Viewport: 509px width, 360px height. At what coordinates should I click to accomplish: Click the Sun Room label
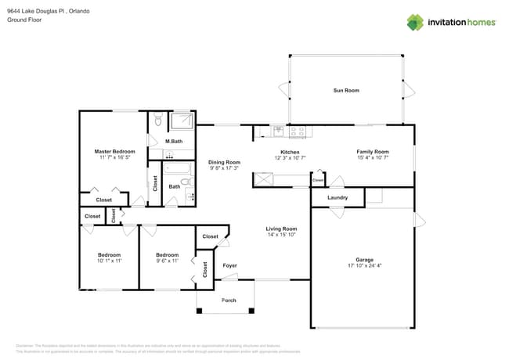coord(346,91)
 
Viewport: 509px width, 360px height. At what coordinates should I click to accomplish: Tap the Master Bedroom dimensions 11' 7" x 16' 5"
coord(114,158)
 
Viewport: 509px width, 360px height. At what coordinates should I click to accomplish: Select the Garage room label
coord(364,260)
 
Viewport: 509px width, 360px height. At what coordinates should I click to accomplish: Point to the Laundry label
coord(338,198)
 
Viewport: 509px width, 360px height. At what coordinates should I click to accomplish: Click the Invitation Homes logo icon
coord(415,22)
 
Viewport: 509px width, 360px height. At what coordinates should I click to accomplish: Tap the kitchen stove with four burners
coord(298,131)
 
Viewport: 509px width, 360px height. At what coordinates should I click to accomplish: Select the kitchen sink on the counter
coord(278,131)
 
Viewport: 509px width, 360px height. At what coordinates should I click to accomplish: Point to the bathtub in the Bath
coord(175,168)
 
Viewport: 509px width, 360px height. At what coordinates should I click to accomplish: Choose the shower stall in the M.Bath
coord(182,122)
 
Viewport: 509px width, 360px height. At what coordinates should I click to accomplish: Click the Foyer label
coord(229,265)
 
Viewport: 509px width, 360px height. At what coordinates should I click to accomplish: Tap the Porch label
coord(229,301)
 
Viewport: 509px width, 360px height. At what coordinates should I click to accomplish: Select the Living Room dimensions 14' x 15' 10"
coord(280,235)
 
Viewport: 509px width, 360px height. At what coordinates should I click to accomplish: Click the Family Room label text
coord(373,152)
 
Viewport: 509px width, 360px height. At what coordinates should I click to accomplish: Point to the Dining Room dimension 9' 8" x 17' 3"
coord(225,168)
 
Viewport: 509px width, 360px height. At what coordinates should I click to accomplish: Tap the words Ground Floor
coord(23,20)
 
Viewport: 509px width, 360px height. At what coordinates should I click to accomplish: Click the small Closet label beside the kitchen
coord(318,181)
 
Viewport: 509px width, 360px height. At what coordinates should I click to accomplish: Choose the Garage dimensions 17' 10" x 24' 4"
coord(364,266)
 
